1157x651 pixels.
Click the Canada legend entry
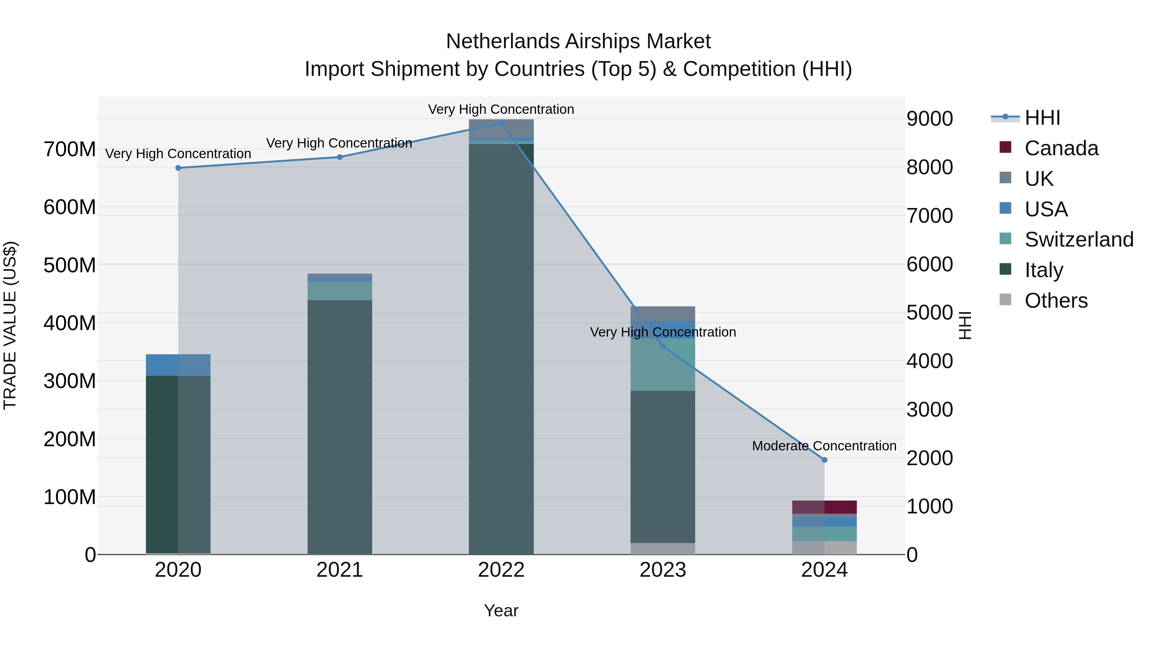(x=1061, y=148)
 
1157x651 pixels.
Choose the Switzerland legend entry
(x=1078, y=240)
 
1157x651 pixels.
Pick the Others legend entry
(x=1055, y=301)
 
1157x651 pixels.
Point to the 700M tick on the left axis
(x=70, y=149)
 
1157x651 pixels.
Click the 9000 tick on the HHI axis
(x=929, y=119)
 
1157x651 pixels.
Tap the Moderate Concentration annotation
(x=824, y=446)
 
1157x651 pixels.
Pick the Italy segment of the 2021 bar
(x=340, y=427)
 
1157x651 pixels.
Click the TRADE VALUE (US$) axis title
(x=10, y=325)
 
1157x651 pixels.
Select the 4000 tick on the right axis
(x=929, y=361)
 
